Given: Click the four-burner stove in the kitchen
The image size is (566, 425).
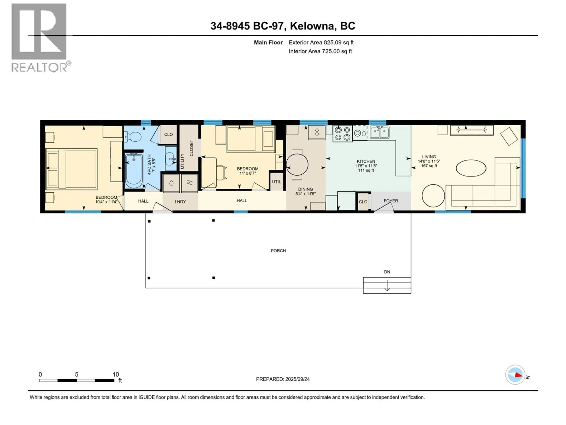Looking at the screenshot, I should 342,133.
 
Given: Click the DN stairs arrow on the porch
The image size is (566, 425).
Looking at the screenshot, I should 387,285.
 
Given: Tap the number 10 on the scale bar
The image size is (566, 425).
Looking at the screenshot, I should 116,375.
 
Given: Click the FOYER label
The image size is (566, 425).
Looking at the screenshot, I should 391,201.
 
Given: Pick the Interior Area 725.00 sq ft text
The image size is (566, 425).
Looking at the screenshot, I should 320,51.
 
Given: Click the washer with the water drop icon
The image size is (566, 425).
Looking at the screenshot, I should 171,183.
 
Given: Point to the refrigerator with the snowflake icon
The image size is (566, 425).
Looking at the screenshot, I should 317,133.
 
